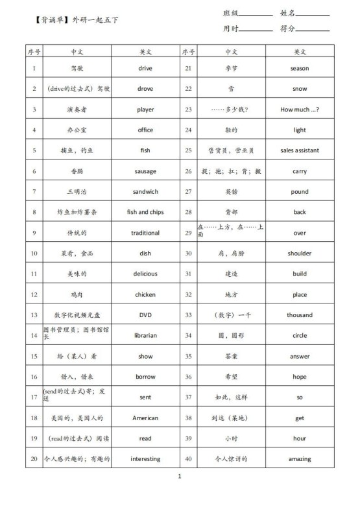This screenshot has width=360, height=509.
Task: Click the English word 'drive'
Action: point(145,68)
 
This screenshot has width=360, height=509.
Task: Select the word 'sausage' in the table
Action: point(145,171)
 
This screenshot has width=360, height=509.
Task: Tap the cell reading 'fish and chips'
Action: point(145,212)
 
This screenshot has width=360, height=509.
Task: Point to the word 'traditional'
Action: point(145,233)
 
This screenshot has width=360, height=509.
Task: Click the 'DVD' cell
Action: point(145,315)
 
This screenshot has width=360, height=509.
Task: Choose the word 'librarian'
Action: point(145,335)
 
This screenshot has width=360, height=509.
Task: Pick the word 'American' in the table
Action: point(145,418)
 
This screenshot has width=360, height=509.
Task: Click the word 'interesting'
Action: point(145,458)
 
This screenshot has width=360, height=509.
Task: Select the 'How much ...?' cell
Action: point(300,110)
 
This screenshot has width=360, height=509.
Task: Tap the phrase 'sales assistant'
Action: point(300,150)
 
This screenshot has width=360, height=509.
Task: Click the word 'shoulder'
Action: point(300,254)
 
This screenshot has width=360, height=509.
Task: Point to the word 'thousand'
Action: point(300,315)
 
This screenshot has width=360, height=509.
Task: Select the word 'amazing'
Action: point(300,458)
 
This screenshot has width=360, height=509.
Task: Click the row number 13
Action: point(34,315)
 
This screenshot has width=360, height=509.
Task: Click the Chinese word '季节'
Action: point(232,68)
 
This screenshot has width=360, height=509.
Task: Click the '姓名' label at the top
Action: point(288,13)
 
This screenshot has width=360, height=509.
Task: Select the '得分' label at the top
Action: point(288,29)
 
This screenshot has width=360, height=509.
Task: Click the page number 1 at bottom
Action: point(180,495)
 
